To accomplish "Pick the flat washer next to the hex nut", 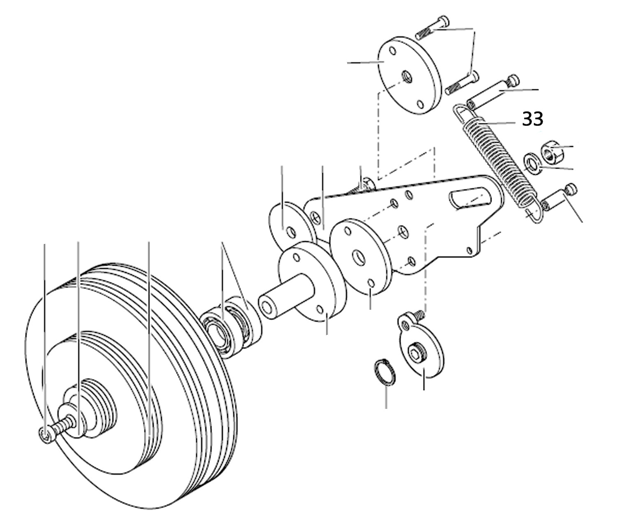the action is (533, 164).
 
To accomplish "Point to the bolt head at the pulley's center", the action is (45, 436).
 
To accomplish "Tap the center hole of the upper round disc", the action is (407, 77).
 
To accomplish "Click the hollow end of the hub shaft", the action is (266, 307).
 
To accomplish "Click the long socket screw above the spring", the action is (492, 92).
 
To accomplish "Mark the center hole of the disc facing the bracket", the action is (358, 258).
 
